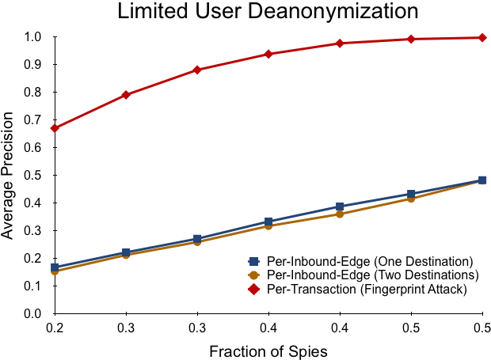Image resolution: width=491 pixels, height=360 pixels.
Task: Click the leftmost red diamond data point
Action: [55, 127]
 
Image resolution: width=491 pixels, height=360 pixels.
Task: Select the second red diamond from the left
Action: [126, 95]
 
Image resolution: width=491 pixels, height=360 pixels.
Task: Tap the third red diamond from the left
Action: [197, 70]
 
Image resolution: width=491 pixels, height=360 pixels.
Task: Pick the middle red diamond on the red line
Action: [268, 54]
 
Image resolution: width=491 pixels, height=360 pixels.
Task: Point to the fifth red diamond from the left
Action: [340, 44]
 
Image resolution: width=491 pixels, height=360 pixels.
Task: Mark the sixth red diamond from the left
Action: [411, 39]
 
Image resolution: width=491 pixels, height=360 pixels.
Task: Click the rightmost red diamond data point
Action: [482, 37]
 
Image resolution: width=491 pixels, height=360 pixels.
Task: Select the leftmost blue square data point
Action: [55, 267]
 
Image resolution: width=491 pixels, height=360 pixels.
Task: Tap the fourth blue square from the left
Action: [268, 222]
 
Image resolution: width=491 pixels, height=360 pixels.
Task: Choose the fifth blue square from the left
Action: [340, 207]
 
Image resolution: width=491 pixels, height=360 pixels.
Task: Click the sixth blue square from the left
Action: [411, 194]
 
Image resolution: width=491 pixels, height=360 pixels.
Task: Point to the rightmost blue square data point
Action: [482, 180]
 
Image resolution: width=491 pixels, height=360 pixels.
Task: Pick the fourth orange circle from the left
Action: [268, 225]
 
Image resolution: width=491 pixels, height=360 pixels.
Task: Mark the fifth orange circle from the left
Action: [340, 214]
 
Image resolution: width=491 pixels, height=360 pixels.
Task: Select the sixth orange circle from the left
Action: [411, 199]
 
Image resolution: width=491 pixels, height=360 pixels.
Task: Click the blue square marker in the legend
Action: [253, 261]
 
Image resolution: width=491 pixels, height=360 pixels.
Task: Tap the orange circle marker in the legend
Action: [253, 275]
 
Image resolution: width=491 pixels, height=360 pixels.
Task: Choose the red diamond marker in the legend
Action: [253, 289]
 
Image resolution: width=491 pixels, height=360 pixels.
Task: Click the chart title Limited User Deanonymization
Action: [268, 11]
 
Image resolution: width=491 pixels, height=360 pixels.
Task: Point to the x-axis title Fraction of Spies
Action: [268, 351]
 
